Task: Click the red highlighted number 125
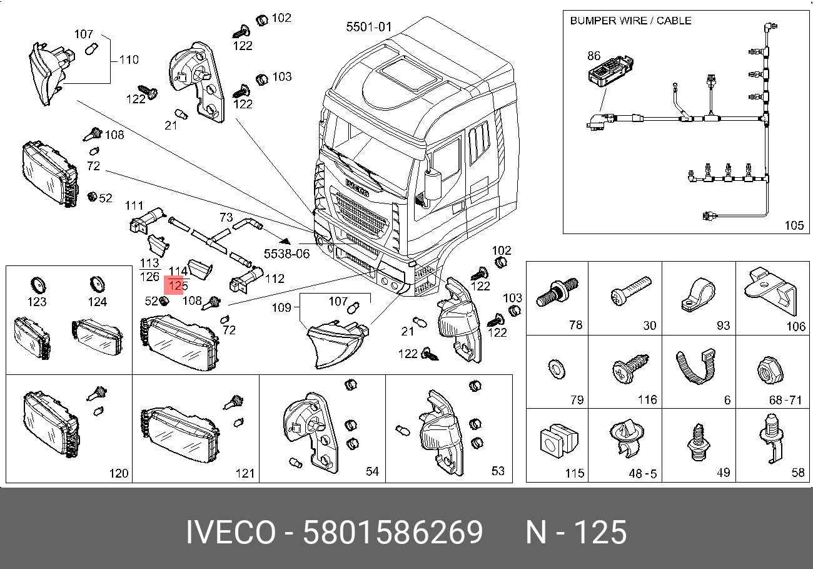pos(178,285)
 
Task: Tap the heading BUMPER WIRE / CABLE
pos(630,21)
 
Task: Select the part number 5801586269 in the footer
pos(393,532)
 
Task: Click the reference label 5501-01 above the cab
pos(369,27)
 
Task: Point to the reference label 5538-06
pos(286,254)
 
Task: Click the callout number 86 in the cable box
pos(593,56)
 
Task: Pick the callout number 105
pos(794,225)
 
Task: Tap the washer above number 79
pos(556,369)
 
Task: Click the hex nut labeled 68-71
pos(770,371)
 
